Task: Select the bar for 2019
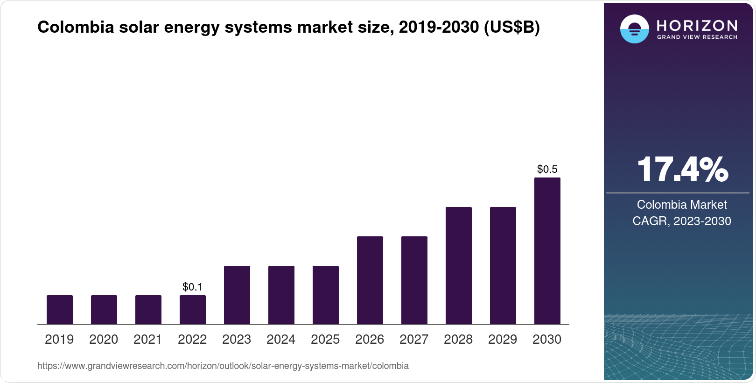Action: (x=60, y=310)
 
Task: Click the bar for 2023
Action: (x=237, y=295)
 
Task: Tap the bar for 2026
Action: (x=370, y=280)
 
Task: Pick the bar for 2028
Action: (x=459, y=265)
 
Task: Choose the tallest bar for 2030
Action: (x=547, y=251)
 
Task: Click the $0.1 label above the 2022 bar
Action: (x=192, y=287)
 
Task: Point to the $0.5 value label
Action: (x=547, y=169)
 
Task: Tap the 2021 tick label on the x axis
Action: (x=148, y=339)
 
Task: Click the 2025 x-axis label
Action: (x=325, y=339)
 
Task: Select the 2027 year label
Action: (x=414, y=339)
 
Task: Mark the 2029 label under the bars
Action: (x=503, y=339)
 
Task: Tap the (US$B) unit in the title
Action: (x=511, y=27)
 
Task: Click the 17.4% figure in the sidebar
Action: (x=682, y=170)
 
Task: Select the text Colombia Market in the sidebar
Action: (x=682, y=205)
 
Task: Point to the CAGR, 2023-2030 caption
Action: (x=682, y=221)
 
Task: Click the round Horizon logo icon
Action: (x=634, y=29)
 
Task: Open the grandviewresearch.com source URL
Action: (x=223, y=366)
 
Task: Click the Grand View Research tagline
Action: (x=697, y=37)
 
